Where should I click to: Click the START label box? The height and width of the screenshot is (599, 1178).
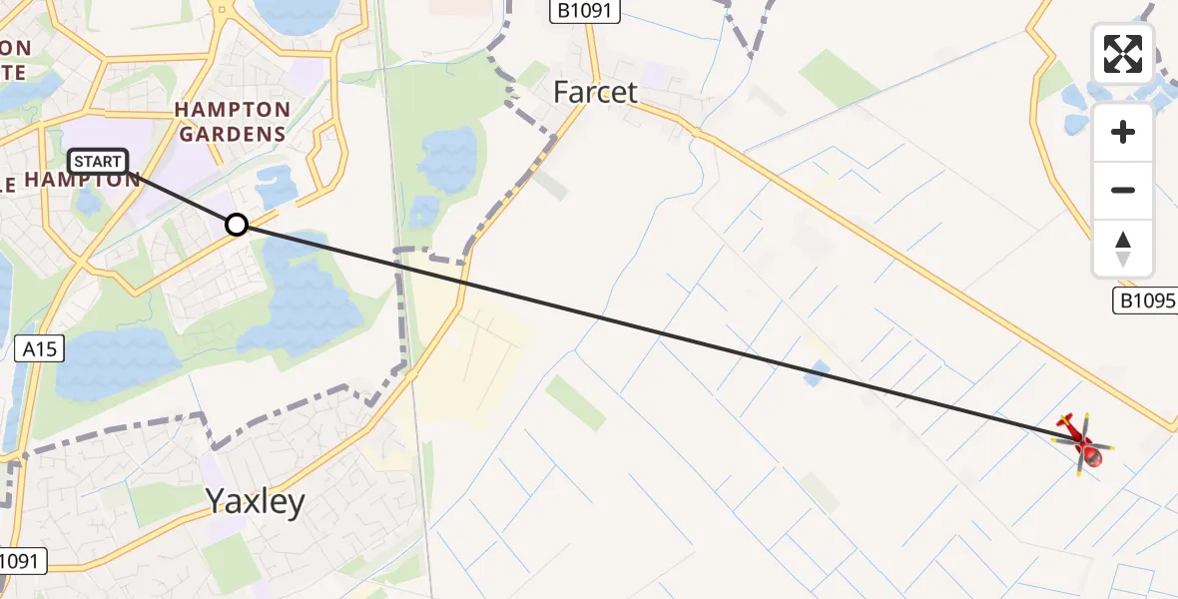[98, 161]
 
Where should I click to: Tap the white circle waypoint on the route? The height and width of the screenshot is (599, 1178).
[237, 225]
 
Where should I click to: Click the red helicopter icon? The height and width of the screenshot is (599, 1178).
[1084, 443]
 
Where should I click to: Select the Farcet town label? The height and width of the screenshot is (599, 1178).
[596, 93]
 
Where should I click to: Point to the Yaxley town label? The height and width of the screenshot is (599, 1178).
[255, 501]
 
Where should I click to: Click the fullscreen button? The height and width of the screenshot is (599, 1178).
[1122, 54]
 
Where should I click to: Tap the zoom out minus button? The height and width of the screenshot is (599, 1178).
[1123, 190]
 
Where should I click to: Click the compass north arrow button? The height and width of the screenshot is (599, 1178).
[1123, 249]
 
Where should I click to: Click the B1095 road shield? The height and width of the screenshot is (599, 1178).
[1144, 300]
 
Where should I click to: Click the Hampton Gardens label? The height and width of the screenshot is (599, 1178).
[233, 121]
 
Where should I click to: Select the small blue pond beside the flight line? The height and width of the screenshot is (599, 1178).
[816, 374]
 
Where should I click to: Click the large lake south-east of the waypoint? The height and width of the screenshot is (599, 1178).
[304, 295]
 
